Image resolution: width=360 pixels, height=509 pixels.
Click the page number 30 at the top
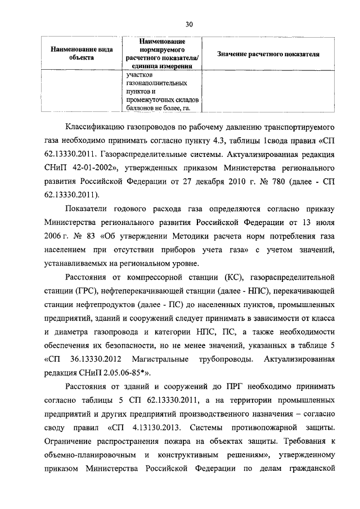[x=189, y=24]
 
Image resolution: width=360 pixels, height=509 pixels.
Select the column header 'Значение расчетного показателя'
[x=268, y=55]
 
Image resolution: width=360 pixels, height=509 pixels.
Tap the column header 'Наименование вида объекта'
[x=77, y=54]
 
